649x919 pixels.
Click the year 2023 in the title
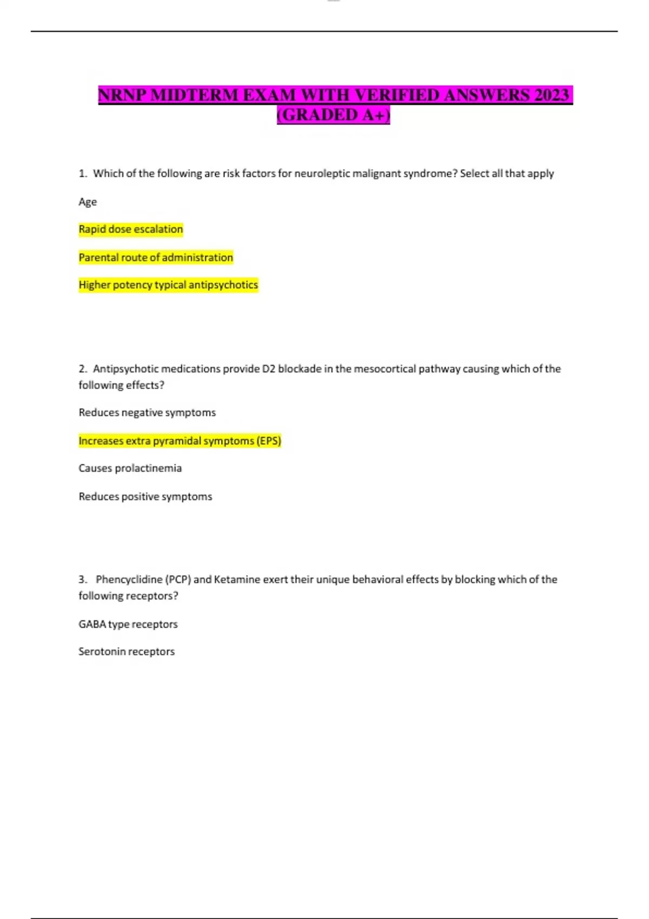click(552, 95)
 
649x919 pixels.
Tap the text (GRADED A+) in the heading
click(333, 115)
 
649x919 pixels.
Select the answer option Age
click(88, 202)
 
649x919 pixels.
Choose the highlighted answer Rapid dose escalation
click(131, 229)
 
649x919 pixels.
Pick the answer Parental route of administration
click(156, 257)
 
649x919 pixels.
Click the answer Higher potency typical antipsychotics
click(168, 285)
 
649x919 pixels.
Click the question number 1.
click(82, 174)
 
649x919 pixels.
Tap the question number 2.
click(82, 369)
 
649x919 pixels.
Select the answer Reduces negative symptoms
click(147, 412)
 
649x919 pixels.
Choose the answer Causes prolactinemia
click(130, 468)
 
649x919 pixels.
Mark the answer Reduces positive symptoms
click(145, 496)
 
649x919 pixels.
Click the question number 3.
click(82, 580)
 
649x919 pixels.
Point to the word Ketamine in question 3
click(237, 580)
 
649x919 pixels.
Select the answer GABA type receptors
click(128, 624)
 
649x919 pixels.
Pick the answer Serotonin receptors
click(127, 652)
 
